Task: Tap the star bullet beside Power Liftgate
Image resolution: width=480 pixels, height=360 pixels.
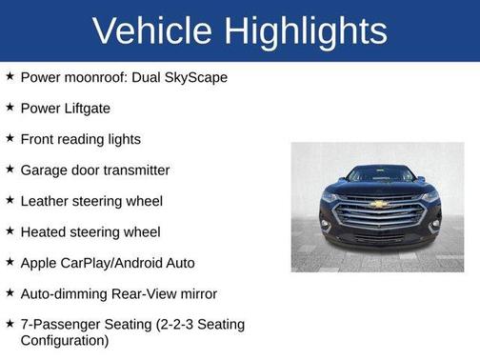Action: click(x=10, y=109)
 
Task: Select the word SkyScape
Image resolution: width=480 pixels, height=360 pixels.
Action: click(x=195, y=77)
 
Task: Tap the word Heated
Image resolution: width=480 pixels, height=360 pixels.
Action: click(x=45, y=231)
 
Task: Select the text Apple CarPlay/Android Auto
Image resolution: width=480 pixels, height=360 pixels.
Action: click(x=108, y=262)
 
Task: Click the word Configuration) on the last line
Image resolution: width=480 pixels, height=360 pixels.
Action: click(x=65, y=340)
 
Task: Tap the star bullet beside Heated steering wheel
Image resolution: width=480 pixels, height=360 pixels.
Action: click(x=10, y=231)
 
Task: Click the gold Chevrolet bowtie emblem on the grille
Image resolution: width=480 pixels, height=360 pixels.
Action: click(x=378, y=203)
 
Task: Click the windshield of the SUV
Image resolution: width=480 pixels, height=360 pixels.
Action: click(x=378, y=175)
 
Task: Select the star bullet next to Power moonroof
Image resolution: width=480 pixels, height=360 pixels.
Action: click(x=10, y=77)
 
